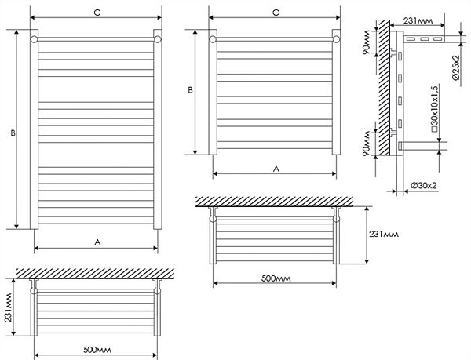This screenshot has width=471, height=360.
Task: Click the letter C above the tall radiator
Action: [x=95, y=13]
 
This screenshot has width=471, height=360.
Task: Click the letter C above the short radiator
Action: [x=275, y=13]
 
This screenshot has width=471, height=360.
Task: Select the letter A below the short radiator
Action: [x=275, y=168]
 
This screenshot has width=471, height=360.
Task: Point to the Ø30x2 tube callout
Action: [x=425, y=185]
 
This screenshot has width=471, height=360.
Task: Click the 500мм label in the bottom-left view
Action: [x=97, y=349]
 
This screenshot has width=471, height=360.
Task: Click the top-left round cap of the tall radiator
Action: [x=35, y=38]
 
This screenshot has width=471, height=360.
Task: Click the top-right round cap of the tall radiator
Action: [x=158, y=38]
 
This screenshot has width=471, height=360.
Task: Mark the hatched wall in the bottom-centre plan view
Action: [x=275, y=202]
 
